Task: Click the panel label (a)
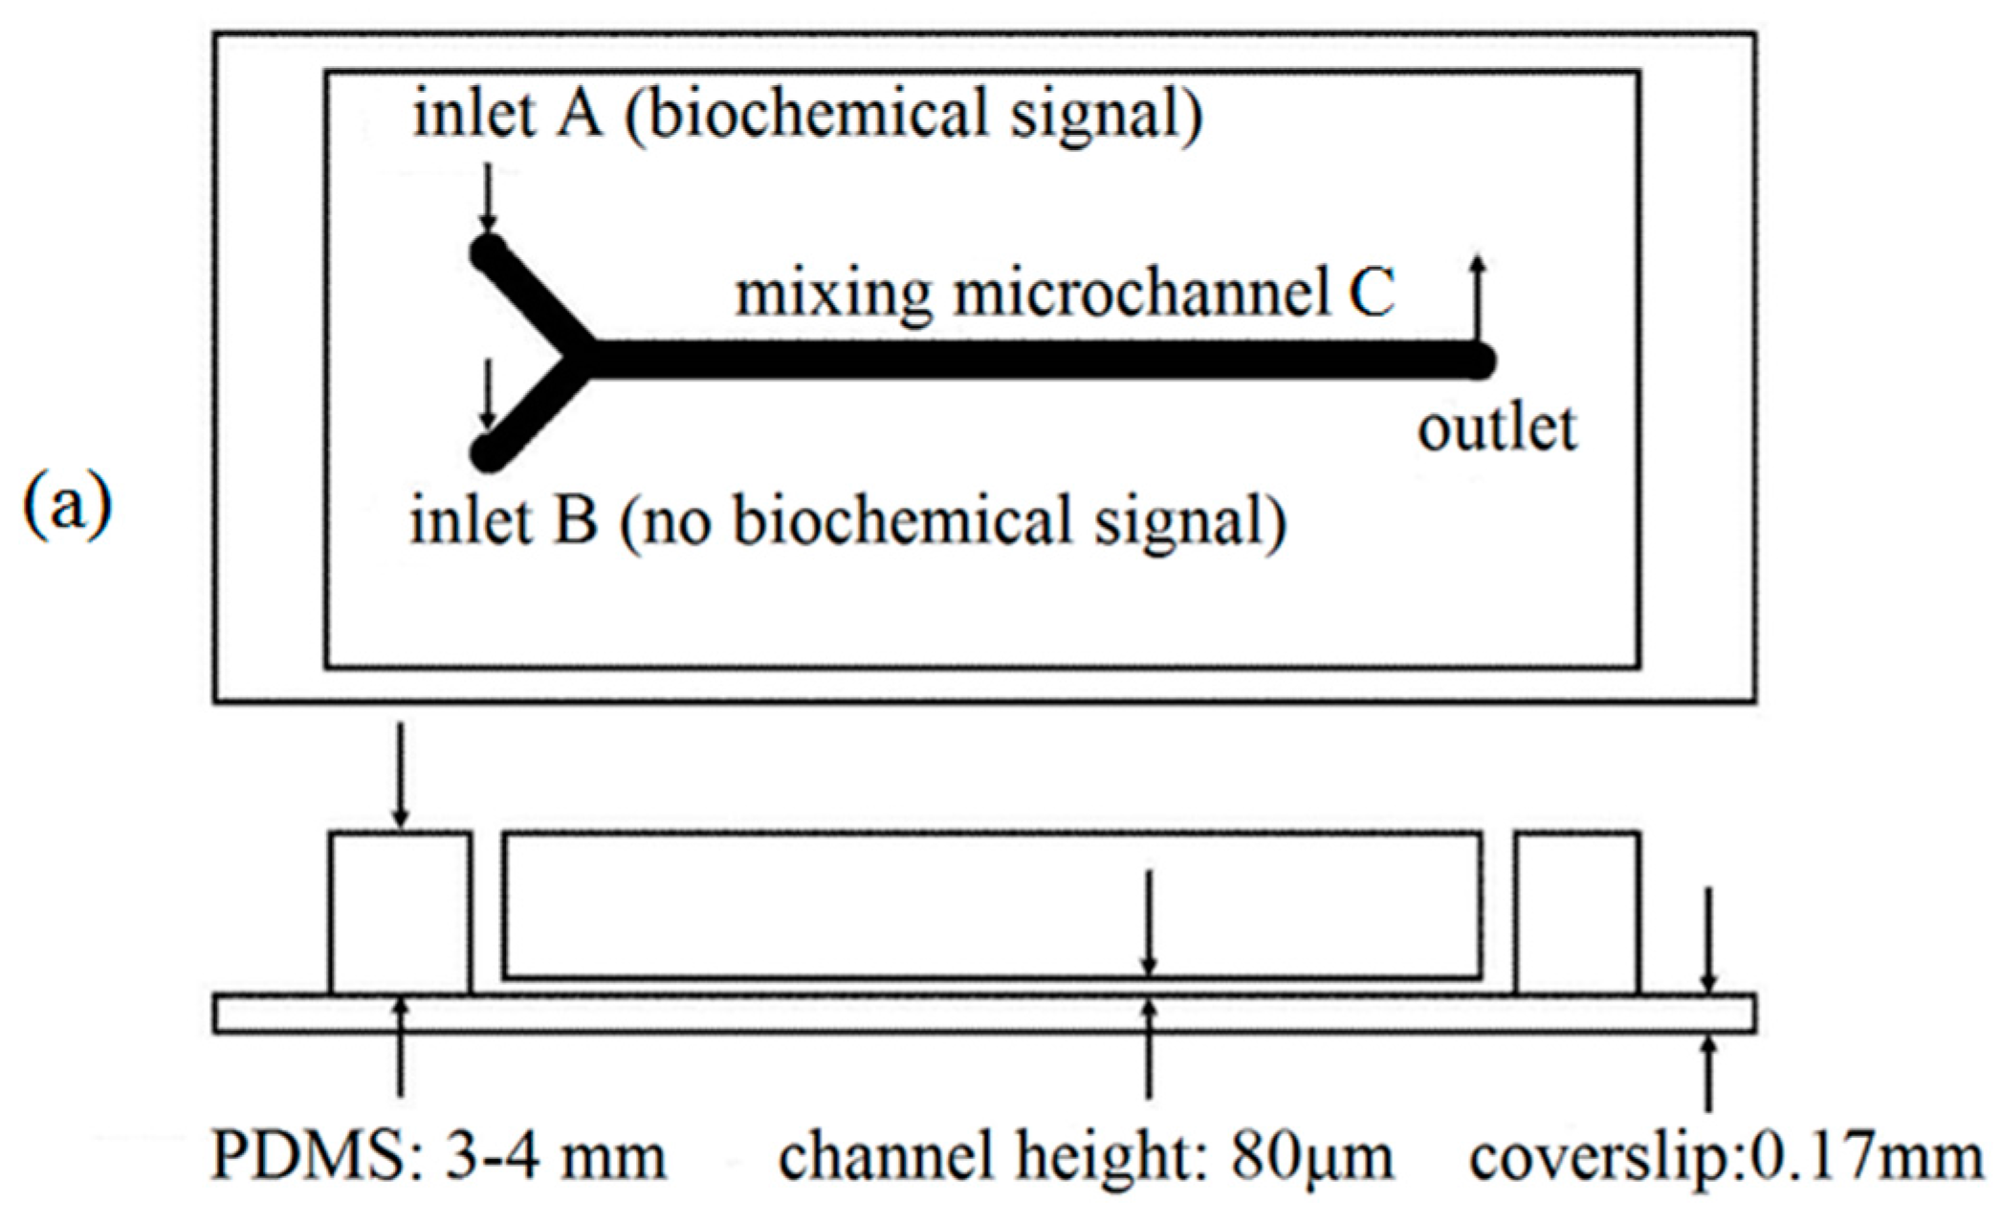(67, 505)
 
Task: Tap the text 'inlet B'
(503, 521)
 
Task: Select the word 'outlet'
(1496, 428)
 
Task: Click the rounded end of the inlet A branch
(489, 253)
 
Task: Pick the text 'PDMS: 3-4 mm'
(438, 1156)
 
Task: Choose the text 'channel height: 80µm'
(1086, 1156)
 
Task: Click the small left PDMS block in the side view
(400, 913)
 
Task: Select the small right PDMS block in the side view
(1576, 913)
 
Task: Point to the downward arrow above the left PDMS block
(401, 775)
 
